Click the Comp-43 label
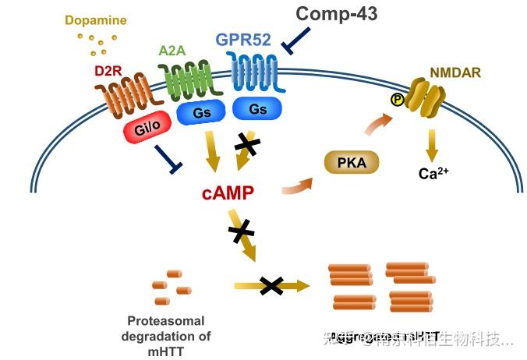point(338,13)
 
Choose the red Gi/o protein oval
point(147,130)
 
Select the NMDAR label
point(454,72)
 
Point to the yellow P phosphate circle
point(398,99)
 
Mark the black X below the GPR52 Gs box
point(249,143)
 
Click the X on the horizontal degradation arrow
point(271,286)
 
